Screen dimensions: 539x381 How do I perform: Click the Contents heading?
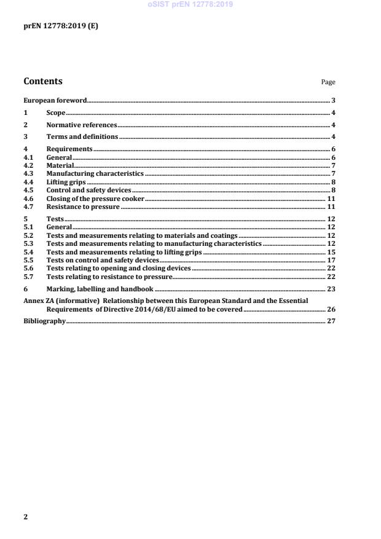43,81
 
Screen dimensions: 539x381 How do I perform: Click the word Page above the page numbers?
328,82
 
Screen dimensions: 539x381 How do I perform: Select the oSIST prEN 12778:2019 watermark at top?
190,4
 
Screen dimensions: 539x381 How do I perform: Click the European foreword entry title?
55,100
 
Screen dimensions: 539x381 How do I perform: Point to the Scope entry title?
56,113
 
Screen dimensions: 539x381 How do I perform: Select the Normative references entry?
82,125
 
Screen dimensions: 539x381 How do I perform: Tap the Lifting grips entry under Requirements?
66,183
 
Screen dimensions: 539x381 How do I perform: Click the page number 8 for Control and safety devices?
332,191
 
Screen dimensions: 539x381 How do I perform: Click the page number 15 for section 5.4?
331,253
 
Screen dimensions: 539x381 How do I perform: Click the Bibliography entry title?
44,321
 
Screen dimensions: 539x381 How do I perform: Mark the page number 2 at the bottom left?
26,517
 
